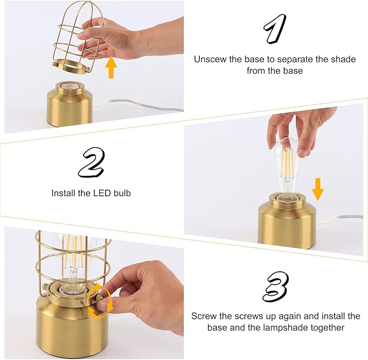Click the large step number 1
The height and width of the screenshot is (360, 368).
[275, 28]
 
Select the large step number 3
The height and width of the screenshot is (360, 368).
[275, 286]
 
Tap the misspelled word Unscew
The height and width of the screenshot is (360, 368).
[210, 59]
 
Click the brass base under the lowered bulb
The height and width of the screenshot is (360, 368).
[286, 225]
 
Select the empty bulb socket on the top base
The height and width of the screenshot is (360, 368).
[68, 87]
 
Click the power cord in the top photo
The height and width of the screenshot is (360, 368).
[141, 106]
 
